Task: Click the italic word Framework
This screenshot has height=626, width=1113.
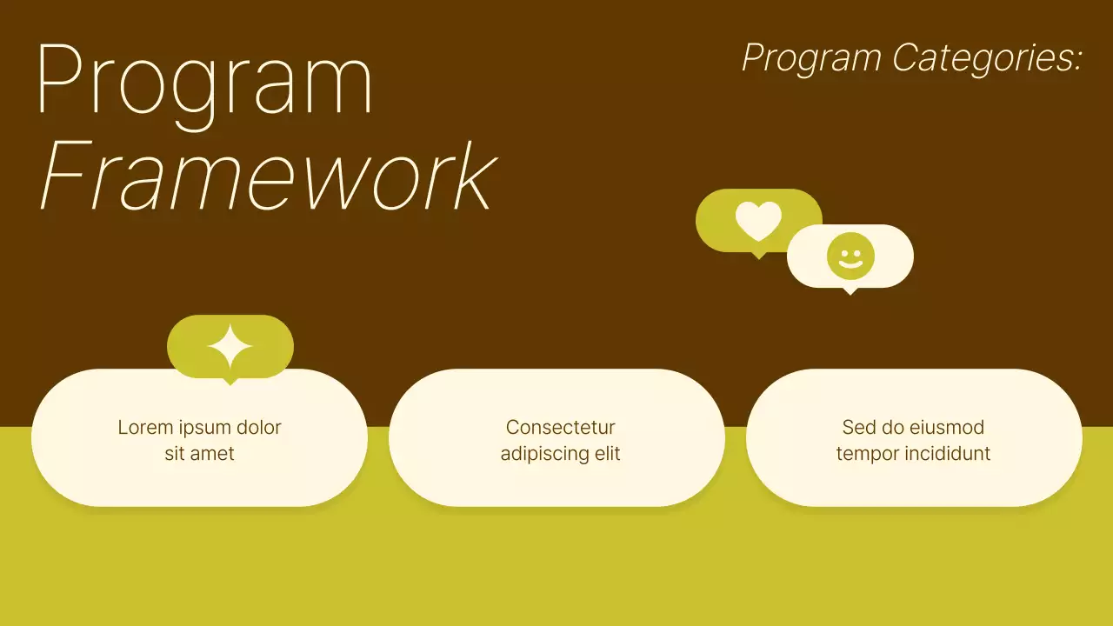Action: (x=267, y=176)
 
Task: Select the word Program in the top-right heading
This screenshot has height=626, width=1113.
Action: (x=811, y=58)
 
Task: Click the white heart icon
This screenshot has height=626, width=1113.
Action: (x=758, y=221)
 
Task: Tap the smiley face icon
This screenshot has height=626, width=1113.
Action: (x=850, y=256)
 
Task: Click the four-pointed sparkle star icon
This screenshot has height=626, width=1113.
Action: (x=230, y=346)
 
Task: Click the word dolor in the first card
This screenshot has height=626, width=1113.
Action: (x=258, y=428)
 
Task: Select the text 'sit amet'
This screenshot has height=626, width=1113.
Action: (x=199, y=454)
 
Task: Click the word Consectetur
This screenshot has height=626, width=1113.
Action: (x=560, y=428)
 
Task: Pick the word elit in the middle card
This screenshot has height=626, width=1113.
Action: (x=607, y=454)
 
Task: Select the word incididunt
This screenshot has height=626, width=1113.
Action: (x=943, y=454)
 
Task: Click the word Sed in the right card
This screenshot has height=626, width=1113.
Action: (x=857, y=428)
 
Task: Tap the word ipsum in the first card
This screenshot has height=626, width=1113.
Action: (x=203, y=428)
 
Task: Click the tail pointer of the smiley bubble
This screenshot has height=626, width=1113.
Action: (x=850, y=290)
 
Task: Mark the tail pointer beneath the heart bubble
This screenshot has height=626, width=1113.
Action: (x=758, y=255)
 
